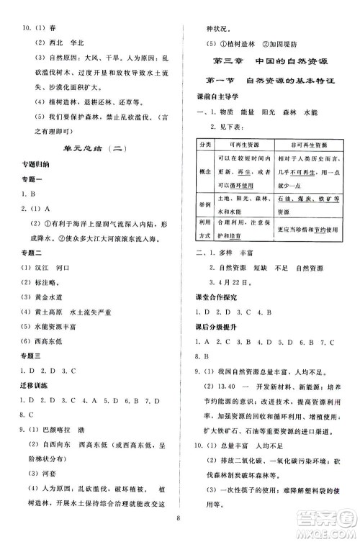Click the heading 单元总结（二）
coord(91,148)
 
